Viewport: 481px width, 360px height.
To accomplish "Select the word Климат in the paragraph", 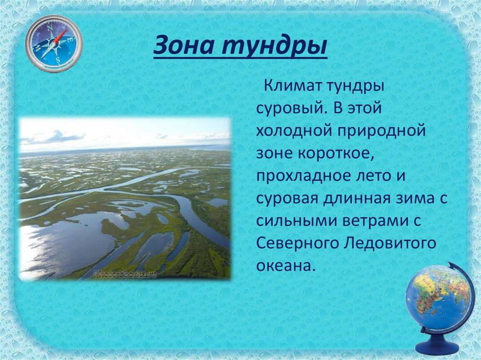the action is [x=291, y=86].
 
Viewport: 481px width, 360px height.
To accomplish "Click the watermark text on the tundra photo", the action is [x=126, y=274].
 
